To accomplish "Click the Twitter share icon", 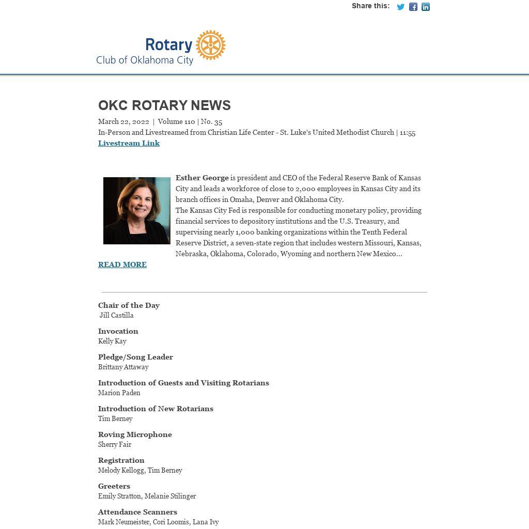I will pos(400,7).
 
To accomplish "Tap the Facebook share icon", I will pos(413,7).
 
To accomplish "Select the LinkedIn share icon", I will pos(426,7).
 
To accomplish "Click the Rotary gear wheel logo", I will pos(211,45).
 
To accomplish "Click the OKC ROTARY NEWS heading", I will pos(164,105).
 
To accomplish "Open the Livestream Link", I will pos(129,143).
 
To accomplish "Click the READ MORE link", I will pos(122,264).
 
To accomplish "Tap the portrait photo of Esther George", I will pos(137,211).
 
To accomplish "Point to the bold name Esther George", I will pos(202,178).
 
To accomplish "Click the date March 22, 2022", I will pos(123,122).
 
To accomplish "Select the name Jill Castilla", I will pos(117,315).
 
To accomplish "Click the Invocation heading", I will pos(118,331).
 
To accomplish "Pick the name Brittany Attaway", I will pos(123,367).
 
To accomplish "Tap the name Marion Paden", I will pos(119,393).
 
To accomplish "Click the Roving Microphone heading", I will pos(135,434).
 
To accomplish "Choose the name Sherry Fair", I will pos(115,444).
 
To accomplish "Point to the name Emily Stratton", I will pos(119,496).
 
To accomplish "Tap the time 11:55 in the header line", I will pos(408,133).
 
